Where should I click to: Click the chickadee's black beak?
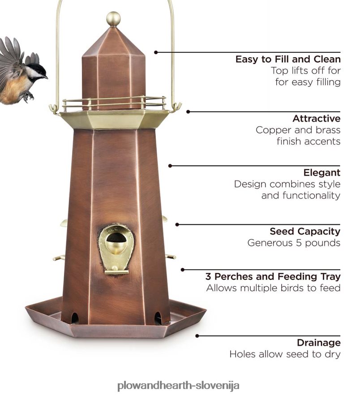[45, 77]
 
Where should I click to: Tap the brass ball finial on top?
[113, 19]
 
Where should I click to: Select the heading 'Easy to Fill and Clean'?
[288, 59]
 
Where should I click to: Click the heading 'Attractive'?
[317, 118]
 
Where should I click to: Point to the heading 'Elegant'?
[322, 173]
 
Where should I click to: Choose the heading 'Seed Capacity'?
[305, 231]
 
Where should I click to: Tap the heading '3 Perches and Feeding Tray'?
[273, 276]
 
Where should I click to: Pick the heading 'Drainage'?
[319, 343]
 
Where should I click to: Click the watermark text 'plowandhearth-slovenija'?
[178, 386]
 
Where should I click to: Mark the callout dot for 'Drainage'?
[197, 336]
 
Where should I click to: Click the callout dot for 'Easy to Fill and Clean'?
[156, 52]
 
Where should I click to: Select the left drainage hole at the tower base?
[75, 318]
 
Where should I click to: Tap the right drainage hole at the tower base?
[158, 318]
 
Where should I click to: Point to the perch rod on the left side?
[59, 258]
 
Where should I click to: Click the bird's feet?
[28, 96]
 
